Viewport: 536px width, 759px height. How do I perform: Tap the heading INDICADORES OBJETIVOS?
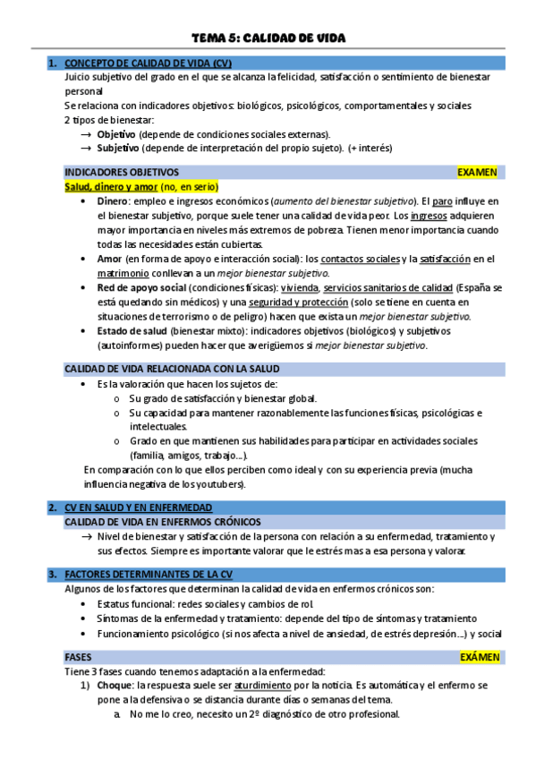point(122,172)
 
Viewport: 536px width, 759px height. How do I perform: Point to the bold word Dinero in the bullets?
point(112,201)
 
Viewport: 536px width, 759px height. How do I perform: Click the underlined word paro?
point(444,201)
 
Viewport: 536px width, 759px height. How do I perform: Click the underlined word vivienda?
point(299,287)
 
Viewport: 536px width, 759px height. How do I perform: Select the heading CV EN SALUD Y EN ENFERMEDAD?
point(139,507)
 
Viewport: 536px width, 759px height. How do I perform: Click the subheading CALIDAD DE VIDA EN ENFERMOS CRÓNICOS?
point(164,521)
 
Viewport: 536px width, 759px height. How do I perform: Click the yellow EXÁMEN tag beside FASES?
point(480,657)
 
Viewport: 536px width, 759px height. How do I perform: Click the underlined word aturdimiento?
point(270,686)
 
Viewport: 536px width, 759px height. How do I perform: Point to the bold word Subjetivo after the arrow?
point(118,149)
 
